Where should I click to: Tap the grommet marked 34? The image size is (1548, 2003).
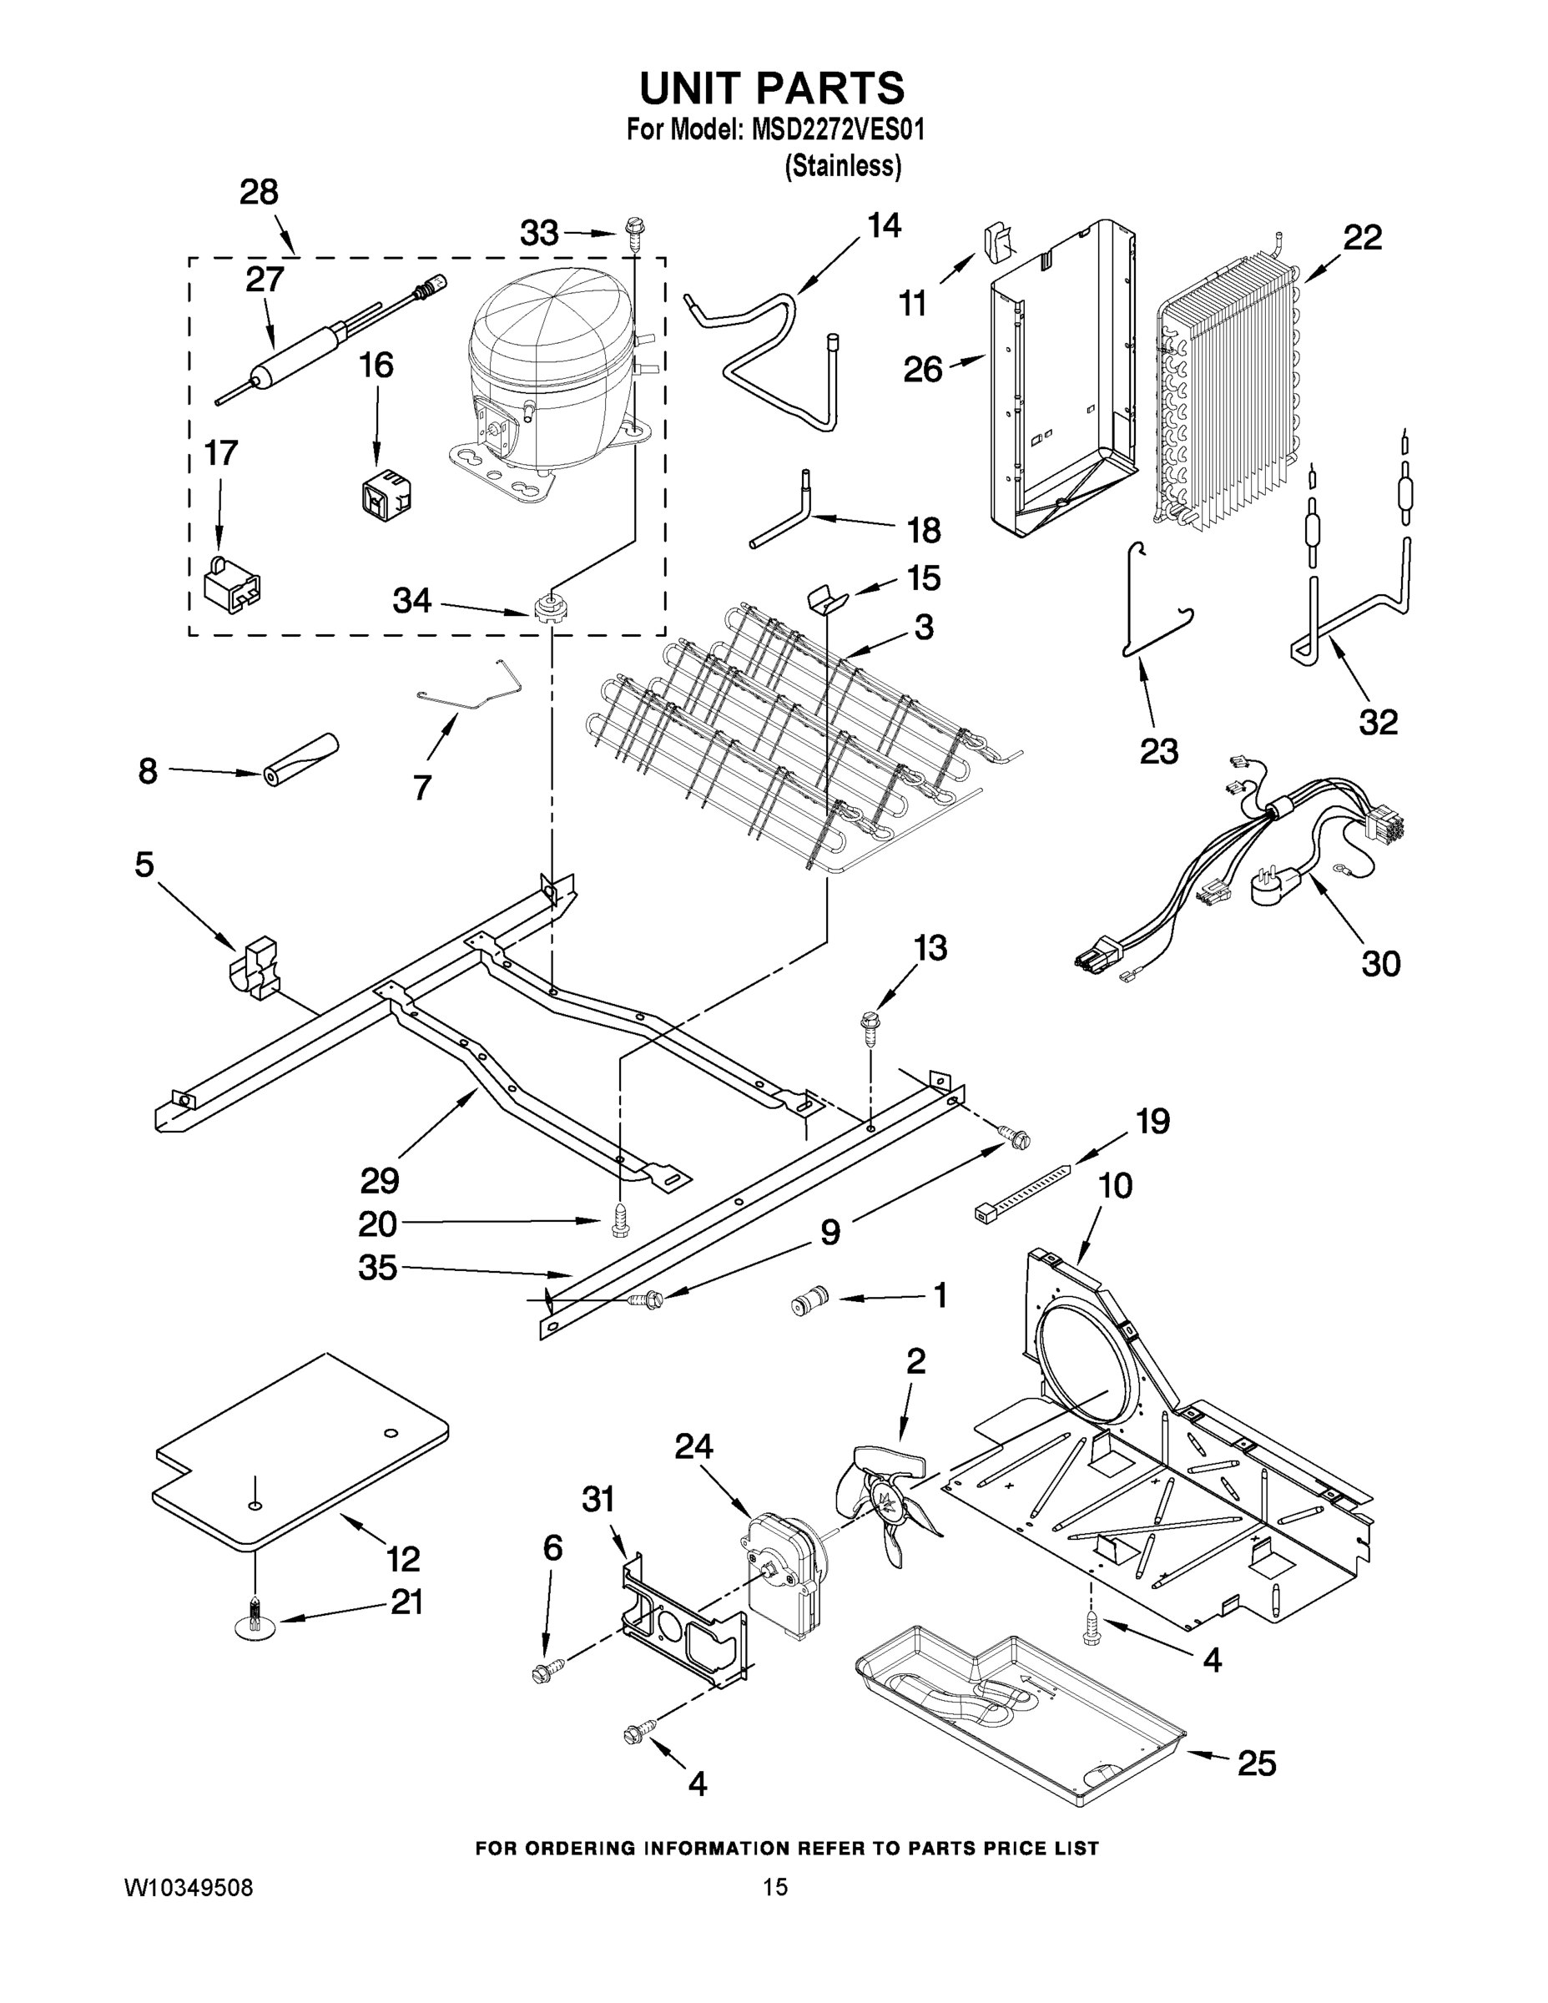pos(547,606)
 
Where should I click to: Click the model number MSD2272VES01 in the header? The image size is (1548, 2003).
pos(837,129)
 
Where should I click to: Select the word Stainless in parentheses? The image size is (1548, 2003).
pos(842,166)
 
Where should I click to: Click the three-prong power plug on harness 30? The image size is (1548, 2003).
pos(1276,885)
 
